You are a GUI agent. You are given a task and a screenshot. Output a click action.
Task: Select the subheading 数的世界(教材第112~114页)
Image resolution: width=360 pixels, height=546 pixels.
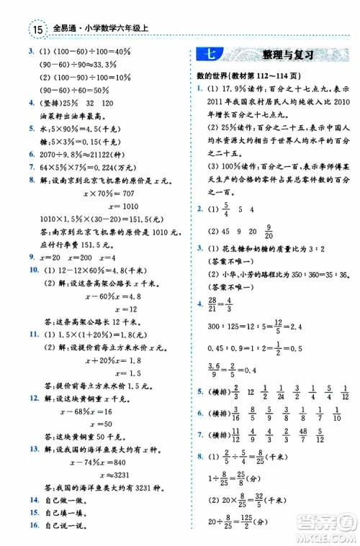point(248,76)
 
